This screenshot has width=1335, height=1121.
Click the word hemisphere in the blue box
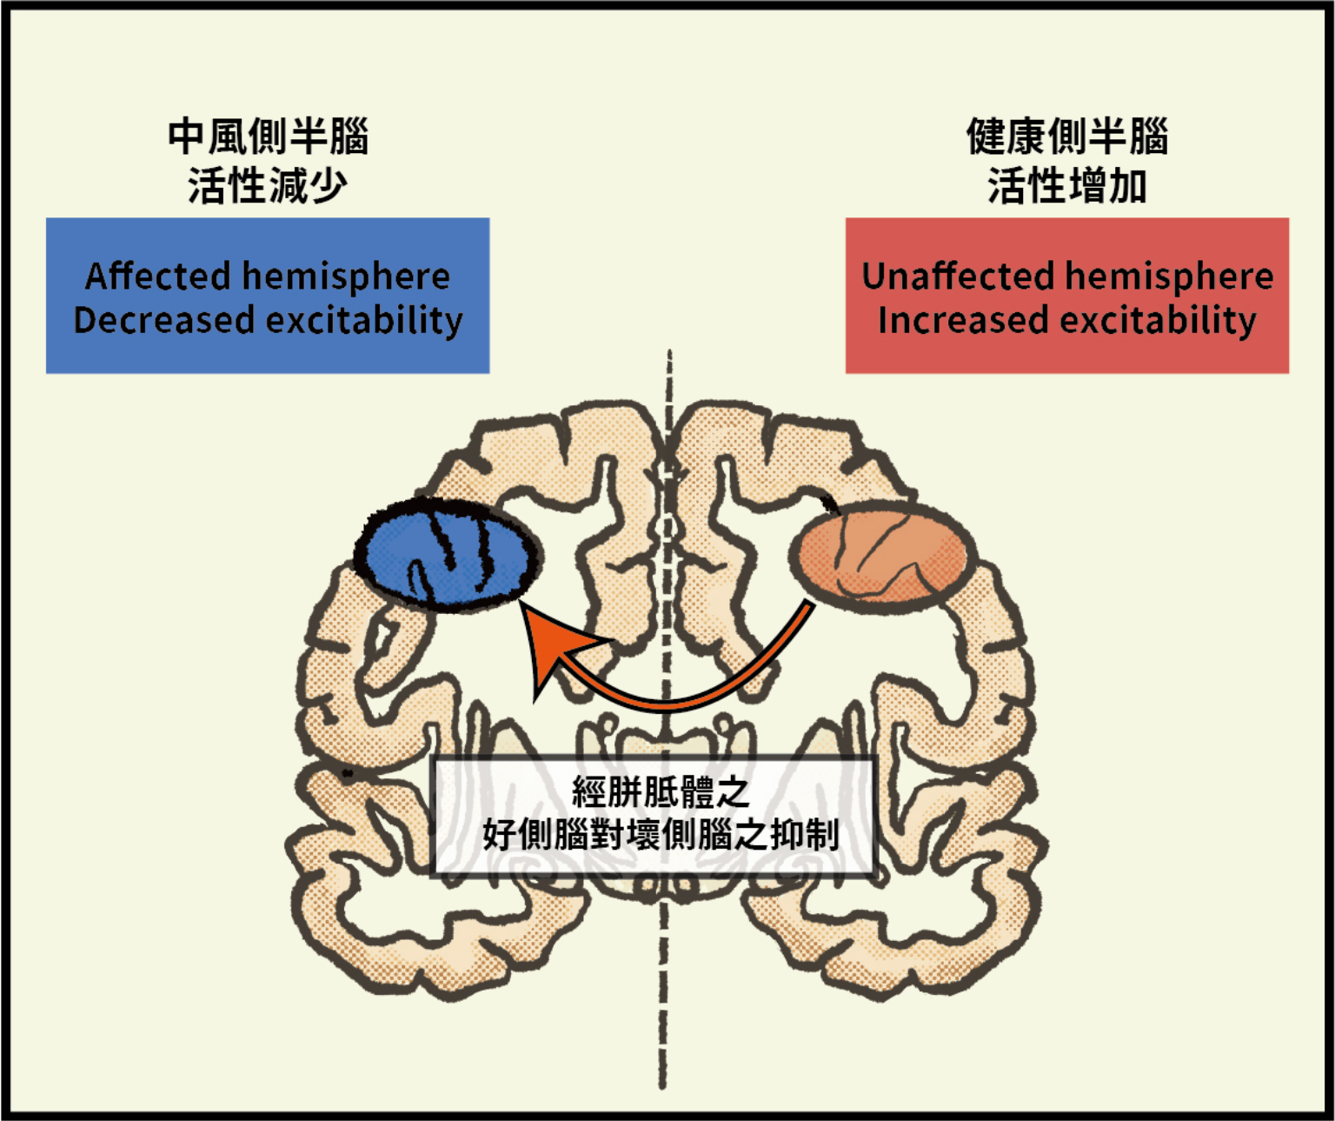(347, 277)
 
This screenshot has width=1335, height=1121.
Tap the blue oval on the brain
(448, 555)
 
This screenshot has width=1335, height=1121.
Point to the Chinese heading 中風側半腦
(268, 137)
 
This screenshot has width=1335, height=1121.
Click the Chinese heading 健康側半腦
(1067, 137)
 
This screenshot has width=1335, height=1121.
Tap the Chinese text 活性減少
(268, 185)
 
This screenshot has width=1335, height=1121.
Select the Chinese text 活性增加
(1067, 185)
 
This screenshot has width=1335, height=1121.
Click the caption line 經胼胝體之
(661, 791)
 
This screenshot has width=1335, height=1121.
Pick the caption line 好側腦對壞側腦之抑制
(661, 835)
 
